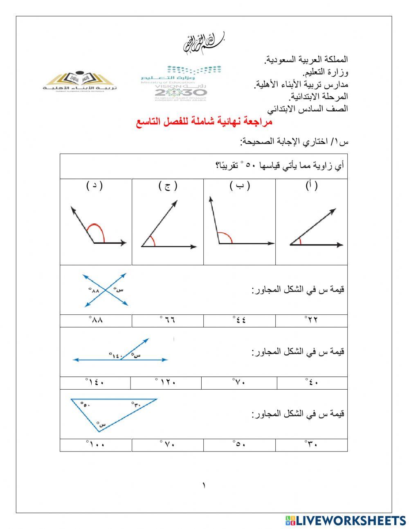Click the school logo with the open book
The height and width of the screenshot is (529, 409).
(80, 81)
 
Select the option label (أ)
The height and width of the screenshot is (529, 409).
(312, 186)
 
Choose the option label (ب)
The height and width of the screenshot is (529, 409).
(240, 186)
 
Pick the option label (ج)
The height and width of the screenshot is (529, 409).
(168, 186)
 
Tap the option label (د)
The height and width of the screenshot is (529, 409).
(94, 186)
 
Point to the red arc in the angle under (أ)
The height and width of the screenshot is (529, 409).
(300, 241)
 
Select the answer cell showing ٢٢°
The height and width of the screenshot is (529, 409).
(311, 320)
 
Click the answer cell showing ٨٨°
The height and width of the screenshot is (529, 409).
(96, 320)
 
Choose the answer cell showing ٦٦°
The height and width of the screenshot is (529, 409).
(168, 320)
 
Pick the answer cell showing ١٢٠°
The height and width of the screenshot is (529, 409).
(166, 382)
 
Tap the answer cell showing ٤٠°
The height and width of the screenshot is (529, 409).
(312, 382)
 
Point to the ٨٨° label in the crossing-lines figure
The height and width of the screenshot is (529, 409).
(94, 291)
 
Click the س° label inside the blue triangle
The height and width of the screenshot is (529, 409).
(101, 424)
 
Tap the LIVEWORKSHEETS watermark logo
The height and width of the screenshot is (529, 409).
(346, 520)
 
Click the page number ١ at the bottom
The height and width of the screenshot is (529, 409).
(204, 486)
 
